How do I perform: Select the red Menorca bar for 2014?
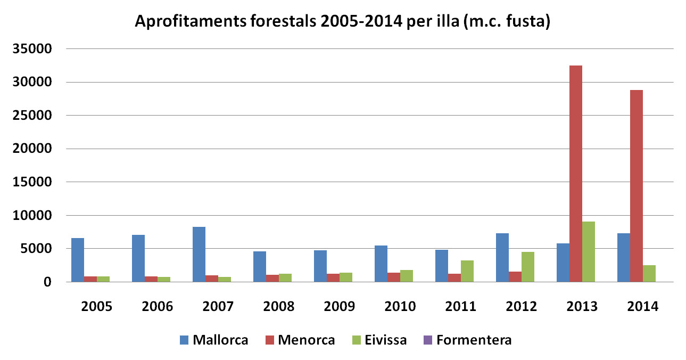point(636,186)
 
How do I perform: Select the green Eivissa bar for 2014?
point(649,273)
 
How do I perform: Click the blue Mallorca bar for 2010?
point(381,264)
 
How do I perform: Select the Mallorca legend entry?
point(213,340)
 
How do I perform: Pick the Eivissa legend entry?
point(379,340)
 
